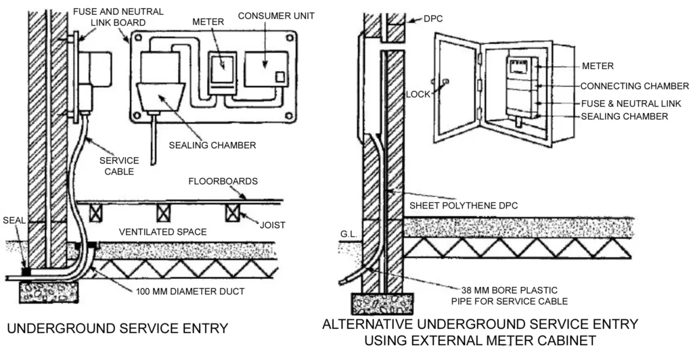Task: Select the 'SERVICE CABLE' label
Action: coord(118,166)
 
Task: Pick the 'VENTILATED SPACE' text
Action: coord(162,232)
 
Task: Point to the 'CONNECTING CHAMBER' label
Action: coord(635,86)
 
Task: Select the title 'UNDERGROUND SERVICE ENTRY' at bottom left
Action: coord(117,329)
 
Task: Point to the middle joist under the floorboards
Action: coord(164,212)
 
